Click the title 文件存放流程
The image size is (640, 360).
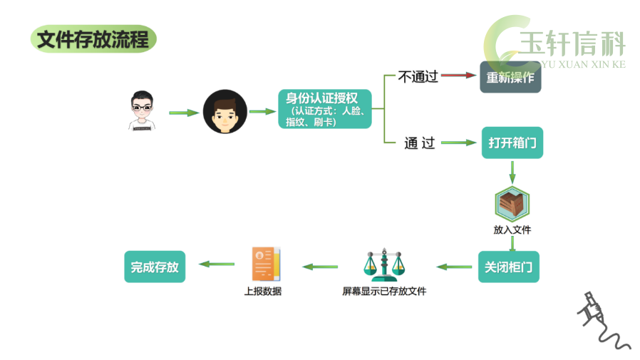(x=93, y=39)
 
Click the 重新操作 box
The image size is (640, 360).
(x=510, y=77)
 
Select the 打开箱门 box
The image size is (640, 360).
(x=512, y=143)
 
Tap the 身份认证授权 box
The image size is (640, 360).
(x=325, y=109)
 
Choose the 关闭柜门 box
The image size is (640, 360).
(x=509, y=267)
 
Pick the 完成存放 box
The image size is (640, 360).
(x=155, y=267)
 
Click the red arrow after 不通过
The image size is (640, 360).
(x=459, y=75)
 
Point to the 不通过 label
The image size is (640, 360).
(x=418, y=77)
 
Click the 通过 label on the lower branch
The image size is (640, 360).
(x=420, y=143)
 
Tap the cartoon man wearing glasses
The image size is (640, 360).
(x=142, y=110)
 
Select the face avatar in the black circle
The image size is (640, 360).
(x=225, y=111)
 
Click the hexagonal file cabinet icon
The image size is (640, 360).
(x=512, y=204)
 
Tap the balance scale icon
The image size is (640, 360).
(x=384, y=264)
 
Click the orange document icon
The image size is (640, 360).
(x=266, y=264)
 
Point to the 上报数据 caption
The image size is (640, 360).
(x=263, y=291)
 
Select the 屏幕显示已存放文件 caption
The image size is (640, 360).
(x=384, y=291)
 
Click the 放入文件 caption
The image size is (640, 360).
(x=512, y=230)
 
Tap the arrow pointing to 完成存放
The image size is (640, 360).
(x=217, y=264)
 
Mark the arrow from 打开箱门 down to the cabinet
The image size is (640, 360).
(x=512, y=172)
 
